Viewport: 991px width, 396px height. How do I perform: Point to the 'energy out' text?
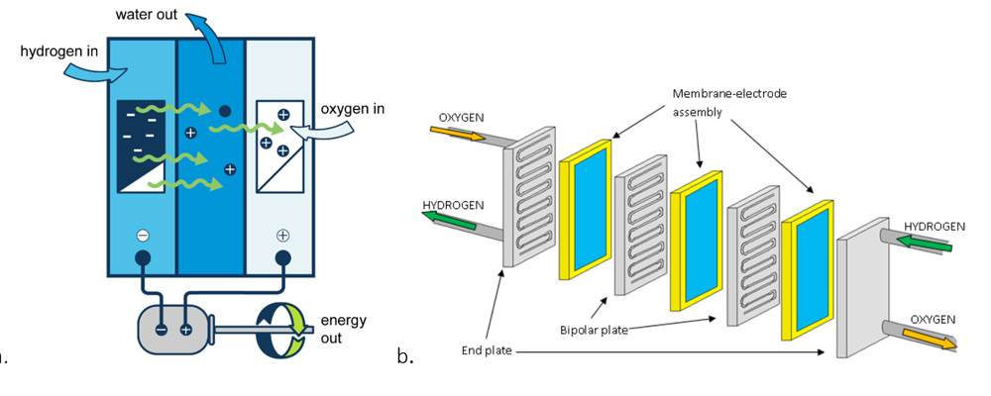[x=343, y=328]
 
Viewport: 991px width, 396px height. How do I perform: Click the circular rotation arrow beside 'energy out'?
[x=283, y=328]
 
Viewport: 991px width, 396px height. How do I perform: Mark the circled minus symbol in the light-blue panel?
[x=143, y=236]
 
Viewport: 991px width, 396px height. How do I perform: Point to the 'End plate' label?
[x=486, y=349]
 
